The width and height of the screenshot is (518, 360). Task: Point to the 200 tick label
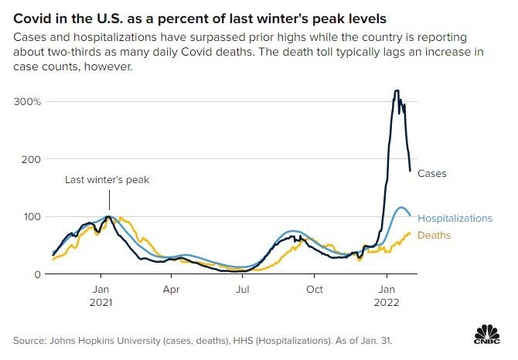[29, 158]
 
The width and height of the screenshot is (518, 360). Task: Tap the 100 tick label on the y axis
[29, 216]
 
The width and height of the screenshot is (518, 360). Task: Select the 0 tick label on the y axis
[37, 273]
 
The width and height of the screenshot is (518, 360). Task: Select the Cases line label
[431, 174]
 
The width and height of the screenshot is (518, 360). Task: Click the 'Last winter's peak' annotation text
[107, 180]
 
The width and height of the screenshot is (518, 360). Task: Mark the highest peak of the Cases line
[397, 91]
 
